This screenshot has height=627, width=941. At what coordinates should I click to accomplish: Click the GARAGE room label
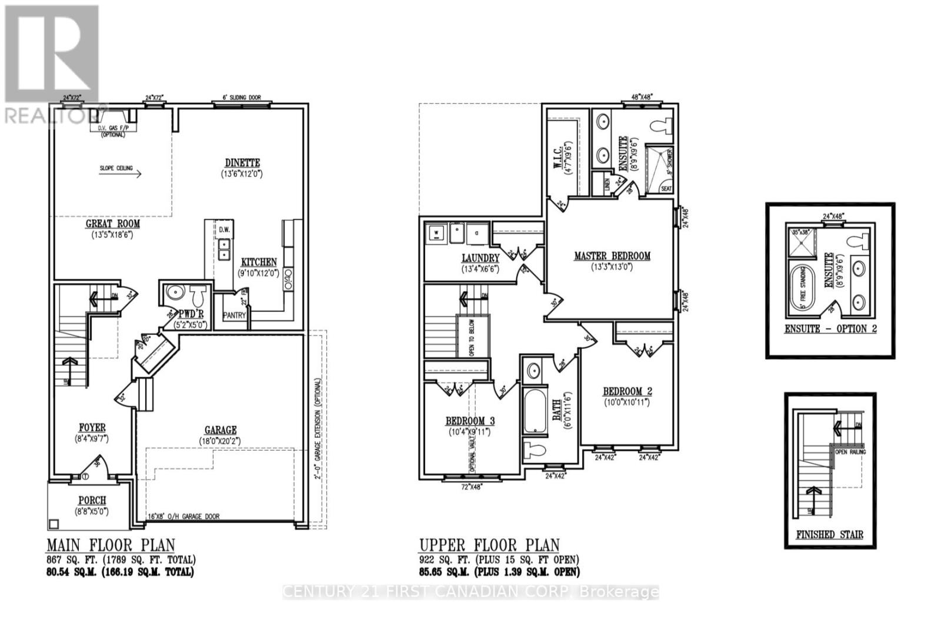pyautogui.click(x=221, y=430)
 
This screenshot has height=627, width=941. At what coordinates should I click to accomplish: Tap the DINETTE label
pyautogui.click(x=242, y=163)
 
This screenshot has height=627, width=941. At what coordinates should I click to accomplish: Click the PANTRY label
pyautogui.click(x=234, y=316)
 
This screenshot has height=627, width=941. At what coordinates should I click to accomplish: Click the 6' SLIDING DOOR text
pyautogui.click(x=241, y=98)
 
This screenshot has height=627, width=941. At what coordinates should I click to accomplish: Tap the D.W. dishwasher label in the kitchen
pyautogui.click(x=224, y=230)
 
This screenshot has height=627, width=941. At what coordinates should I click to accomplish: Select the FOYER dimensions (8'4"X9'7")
pyautogui.click(x=92, y=439)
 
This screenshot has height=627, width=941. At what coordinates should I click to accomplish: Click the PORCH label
pyautogui.click(x=92, y=501)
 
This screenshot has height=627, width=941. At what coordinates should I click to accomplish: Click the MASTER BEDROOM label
pyautogui.click(x=612, y=256)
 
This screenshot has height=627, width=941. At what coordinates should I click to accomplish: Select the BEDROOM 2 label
pyautogui.click(x=627, y=392)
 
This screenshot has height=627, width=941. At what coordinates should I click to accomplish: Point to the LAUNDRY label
pyautogui.click(x=480, y=258)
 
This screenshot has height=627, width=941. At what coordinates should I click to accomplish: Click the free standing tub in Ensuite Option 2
pyautogui.click(x=803, y=287)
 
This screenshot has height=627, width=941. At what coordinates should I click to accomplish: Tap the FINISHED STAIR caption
pyautogui.click(x=830, y=535)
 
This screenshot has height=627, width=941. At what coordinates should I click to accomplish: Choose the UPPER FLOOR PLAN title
pyautogui.click(x=489, y=545)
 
